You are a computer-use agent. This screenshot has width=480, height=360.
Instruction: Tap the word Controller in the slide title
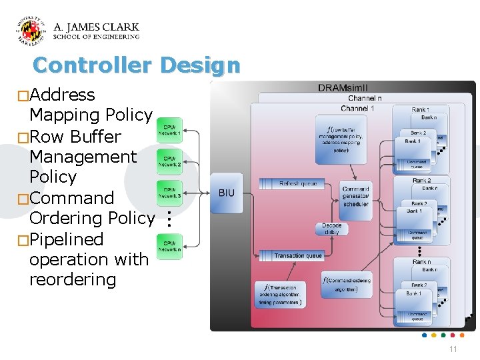click(x=93, y=65)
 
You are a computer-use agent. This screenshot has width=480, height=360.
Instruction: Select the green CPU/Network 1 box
click(x=169, y=131)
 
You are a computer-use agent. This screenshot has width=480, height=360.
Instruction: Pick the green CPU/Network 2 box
click(x=169, y=161)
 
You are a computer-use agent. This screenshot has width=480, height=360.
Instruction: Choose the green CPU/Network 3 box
click(x=169, y=193)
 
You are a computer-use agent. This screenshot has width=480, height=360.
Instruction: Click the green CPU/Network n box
click(x=169, y=247)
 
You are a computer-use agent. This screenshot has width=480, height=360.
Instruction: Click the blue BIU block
click(x=227, y=193)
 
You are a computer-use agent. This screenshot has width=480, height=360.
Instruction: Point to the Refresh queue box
click(x=297, y=183)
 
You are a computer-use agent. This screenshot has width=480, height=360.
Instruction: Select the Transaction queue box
click(x=298, y=255)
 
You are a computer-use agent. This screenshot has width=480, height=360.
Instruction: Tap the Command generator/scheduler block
click(x=355, y=196)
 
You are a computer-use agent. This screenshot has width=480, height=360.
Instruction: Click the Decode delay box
click(x=331, y=229)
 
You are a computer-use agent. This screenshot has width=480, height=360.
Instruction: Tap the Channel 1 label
click(x=357, y=108)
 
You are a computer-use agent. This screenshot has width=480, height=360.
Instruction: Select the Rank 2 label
click(x=421, y=181)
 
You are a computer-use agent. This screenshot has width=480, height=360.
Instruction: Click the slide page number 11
click(x=453, y=349)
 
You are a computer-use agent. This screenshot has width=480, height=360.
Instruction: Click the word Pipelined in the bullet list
click(x=67, y=239)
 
